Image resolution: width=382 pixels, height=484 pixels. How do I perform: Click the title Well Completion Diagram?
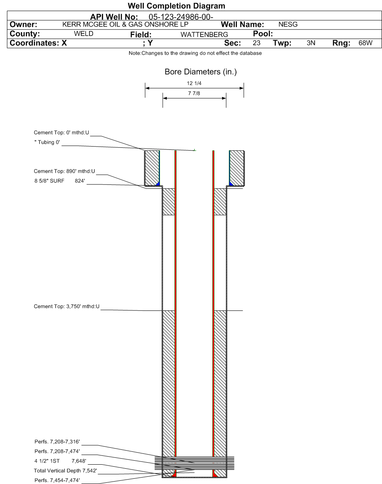pyautogui.click(x=176, y=6)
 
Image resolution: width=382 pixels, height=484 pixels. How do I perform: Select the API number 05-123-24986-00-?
pyautogui.click(x=181, y=17)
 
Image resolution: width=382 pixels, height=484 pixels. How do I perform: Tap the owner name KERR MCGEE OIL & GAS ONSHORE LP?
pyautogui.click(x=125, y=24)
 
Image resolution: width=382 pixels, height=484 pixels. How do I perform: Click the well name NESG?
pyautogui.click(x=288, y=24)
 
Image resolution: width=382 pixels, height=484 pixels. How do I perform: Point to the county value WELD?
pyautogui.click(x=83, y=34)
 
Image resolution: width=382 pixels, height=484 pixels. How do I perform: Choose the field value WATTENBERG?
pyautogui.click(x=204, y=35)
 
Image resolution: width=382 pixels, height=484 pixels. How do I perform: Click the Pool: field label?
pyautogui.click(x=263, y=34)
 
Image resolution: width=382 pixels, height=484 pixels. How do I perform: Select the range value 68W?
pyautogui.click(x=365, y=43)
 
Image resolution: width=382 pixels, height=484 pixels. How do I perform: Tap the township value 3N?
pyautogui.click(x=311, y=43)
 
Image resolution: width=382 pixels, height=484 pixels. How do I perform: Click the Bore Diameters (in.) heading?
pyautogui.click(x=201, y=72)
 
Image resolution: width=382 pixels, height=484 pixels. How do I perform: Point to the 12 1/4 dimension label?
pyautogui.click(x=194, y=83)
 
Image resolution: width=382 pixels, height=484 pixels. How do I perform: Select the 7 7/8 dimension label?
pyautogui.click(x=194, y=93)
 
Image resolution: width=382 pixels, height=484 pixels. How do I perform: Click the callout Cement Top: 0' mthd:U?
pyautogui.click(x=62, y=133)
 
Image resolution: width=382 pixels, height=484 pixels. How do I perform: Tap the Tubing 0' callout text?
pyautogui.click(x=47, y=143)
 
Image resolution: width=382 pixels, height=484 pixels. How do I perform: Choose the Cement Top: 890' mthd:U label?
pyautogui.click(x=64, y=172)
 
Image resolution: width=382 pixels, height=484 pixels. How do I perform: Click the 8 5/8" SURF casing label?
pyautogui.click(x=49, y=181)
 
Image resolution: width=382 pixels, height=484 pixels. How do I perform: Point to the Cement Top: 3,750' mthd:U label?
pyautogui.click(x=66, y=306)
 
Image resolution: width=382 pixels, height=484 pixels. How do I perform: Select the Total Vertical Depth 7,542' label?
pyautogui.click(x=65, y=470)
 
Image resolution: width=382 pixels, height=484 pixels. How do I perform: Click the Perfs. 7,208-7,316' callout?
pyautogui.click(x=57, y=441)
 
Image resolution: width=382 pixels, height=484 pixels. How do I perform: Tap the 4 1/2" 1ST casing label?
pyautogui.click(x=47, y=461)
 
